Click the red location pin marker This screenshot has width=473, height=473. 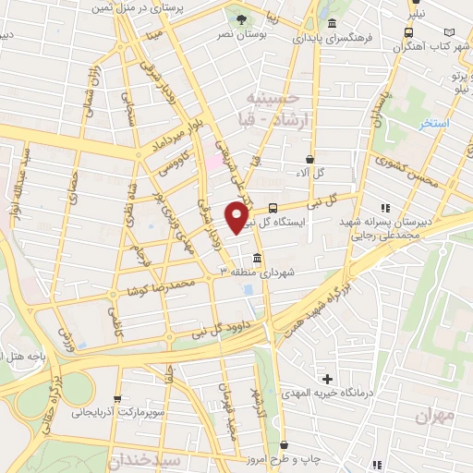237,217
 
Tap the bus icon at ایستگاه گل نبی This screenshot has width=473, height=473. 273,208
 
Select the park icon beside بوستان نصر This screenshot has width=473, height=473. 241,19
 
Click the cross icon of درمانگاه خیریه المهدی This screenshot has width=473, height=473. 328,378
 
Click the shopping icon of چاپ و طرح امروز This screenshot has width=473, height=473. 284,443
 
